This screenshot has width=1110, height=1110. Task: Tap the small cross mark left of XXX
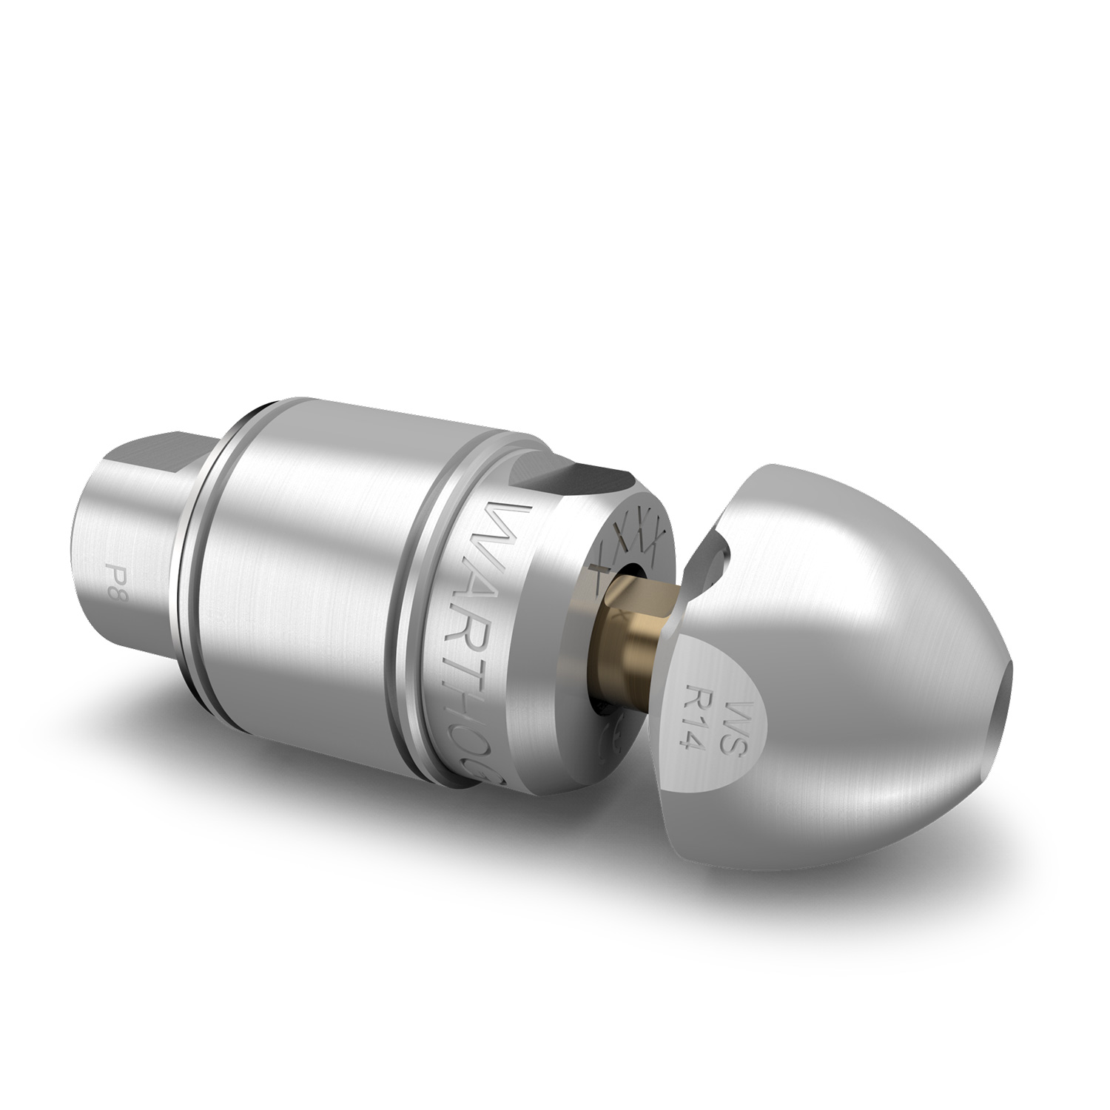pyautogui.click(x=599, y=569)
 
